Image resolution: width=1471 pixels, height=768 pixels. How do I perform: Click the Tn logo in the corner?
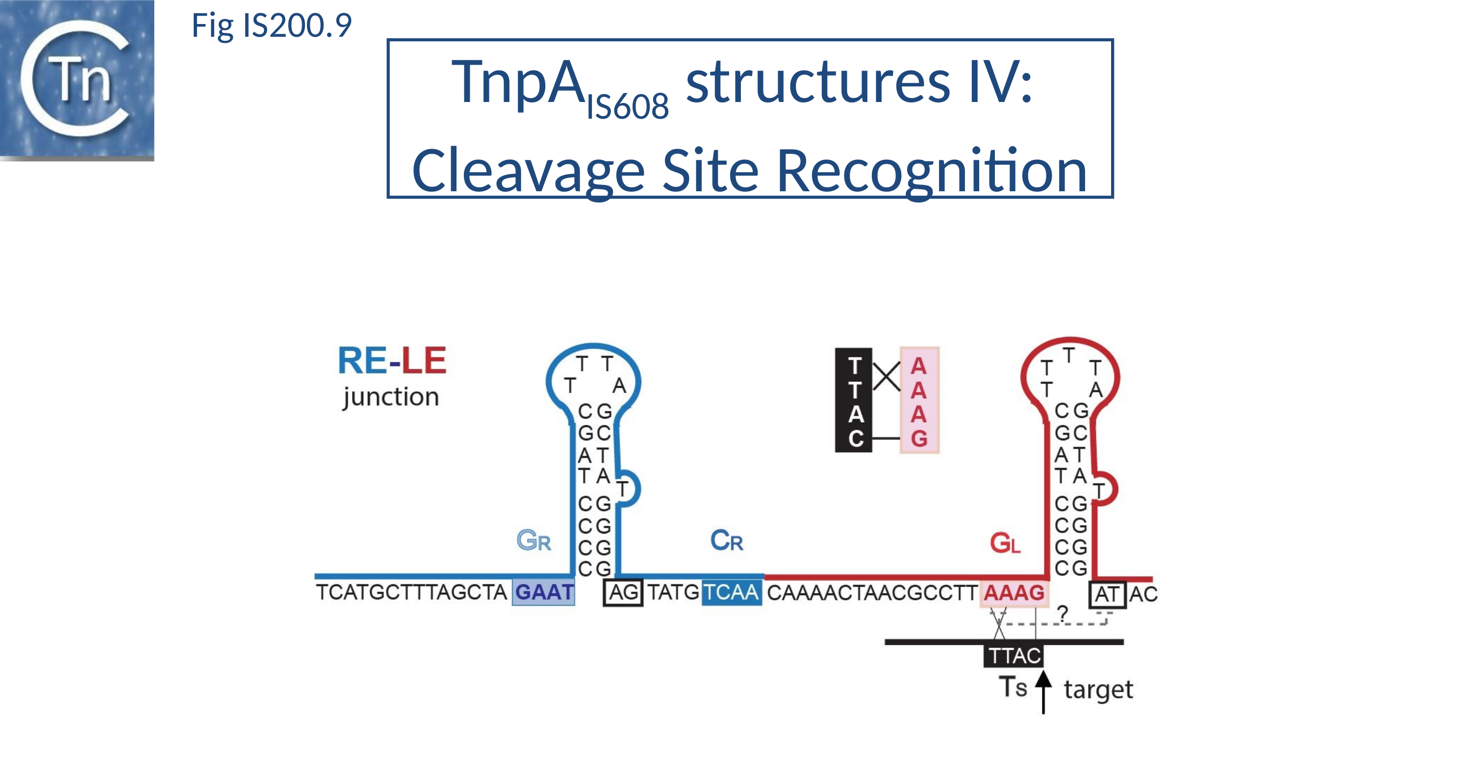point(76,80)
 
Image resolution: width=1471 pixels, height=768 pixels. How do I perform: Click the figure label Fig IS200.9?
point(271,26)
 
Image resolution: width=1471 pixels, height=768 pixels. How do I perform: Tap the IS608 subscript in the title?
point(627,107)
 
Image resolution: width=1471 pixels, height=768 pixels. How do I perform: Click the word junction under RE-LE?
point(391,397)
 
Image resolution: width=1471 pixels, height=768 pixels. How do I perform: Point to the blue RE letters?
point(362,361)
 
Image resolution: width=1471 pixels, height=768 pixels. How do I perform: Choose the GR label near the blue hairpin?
point(534,540)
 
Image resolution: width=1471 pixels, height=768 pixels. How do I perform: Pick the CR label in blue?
point(726,540)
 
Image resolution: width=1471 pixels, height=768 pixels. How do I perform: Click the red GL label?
point(1005,543)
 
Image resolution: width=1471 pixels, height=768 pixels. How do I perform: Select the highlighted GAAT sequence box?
point(544,592)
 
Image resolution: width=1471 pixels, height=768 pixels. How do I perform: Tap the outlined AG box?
point(623,593)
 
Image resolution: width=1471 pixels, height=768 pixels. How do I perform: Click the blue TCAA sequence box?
point(732,593)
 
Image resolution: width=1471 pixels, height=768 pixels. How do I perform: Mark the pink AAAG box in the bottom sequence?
point(1014,593)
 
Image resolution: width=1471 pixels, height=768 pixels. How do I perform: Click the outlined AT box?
point(1107,594)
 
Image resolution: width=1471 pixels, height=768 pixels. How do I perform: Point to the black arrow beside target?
point(1043,691)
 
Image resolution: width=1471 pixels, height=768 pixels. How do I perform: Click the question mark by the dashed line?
point(1062,613)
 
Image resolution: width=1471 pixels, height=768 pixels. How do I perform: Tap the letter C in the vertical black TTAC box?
point(855,438)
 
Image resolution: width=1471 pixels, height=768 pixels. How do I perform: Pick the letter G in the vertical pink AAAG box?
point(919,438)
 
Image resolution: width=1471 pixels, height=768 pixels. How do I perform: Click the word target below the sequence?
point(1097,690)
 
